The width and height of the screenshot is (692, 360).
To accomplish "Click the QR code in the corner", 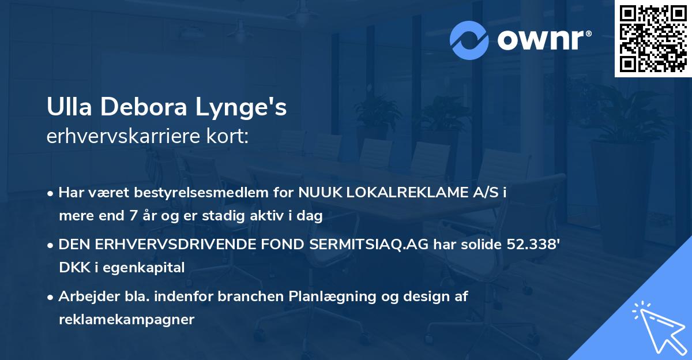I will (x=653, y=38).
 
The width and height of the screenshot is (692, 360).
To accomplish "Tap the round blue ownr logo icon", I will (x=469, y=40).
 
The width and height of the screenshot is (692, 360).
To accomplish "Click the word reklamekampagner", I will (x=126, y=320).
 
